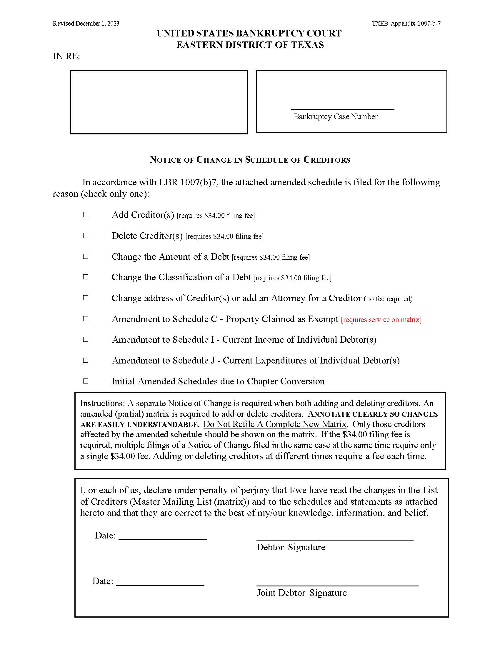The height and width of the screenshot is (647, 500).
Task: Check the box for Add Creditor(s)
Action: click(x=86, y=214)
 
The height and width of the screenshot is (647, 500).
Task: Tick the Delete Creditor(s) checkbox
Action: click(x=86, y=236)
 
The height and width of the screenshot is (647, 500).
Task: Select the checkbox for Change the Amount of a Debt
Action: click(x=86, y=256)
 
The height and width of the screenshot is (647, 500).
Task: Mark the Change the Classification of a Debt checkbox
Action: click(x=86, y=277)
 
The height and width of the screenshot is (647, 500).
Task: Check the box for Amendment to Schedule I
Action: click(x=86, y=339)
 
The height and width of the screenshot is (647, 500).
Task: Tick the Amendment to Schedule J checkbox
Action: click(x=86, y=360)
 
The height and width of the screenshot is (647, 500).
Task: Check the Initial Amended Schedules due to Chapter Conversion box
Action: click(x=86, y=381)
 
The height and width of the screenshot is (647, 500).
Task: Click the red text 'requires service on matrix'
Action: click(x=381, y=320)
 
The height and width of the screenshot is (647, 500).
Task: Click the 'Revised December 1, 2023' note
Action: click(x=86, y=24)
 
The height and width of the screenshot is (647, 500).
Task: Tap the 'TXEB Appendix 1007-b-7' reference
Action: click(x=406, y=24)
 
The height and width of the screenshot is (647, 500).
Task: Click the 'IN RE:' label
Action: click(x=66, y=56)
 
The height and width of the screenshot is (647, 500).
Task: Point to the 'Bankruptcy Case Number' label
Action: click(x=335, y=116)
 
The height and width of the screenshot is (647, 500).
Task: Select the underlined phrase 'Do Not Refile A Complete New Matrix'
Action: click(x=275, y=424)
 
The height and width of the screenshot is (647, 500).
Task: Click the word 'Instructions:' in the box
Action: click(x=102, y=403)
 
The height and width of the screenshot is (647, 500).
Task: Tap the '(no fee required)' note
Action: click(x=388, y=299)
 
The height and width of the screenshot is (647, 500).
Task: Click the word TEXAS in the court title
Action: click(x=307, y=45)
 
